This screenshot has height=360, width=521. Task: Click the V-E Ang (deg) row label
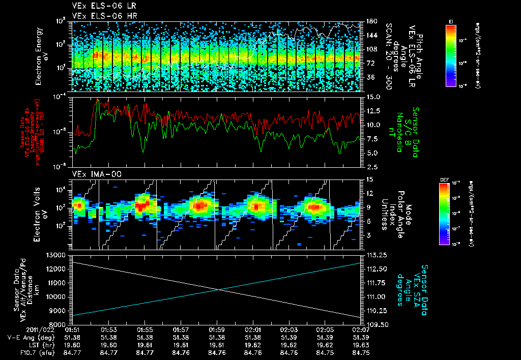[36, 337]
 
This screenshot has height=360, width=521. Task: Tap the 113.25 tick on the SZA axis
[373, 255]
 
